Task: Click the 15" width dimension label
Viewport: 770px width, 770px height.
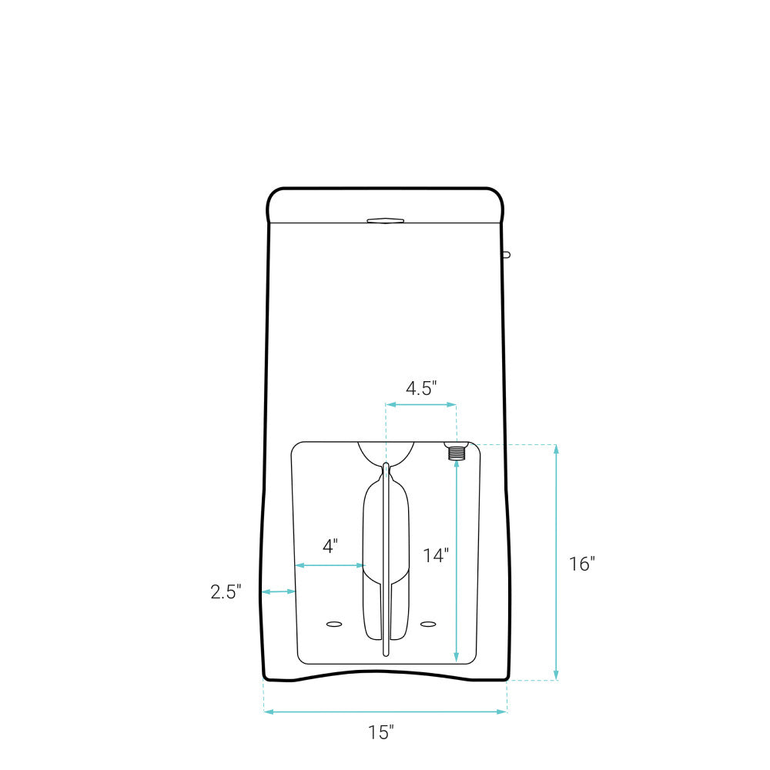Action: (x=381, y=732)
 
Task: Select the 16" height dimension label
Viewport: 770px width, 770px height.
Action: (x=582, y=564)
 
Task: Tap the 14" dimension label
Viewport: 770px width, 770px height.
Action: (x=436, y=555)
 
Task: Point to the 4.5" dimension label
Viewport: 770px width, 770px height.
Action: (x=421, y=388)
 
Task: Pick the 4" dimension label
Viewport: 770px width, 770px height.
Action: (x=330, y=546)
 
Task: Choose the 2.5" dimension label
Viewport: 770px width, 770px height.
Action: (x=226, y=591)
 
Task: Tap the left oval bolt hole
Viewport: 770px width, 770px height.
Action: (x=334, y=624)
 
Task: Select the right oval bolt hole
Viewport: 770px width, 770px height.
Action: (x=428, y=624)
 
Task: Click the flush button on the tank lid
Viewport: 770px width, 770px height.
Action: (x=386, y=220)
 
